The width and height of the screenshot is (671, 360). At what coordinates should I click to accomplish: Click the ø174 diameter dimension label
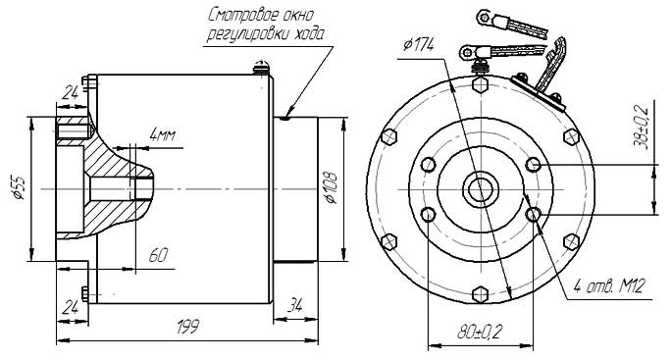coord(419,44)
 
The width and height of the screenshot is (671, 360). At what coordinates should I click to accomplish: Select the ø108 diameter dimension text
coord(331,188)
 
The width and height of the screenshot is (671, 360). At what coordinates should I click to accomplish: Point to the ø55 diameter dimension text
coord(20,188)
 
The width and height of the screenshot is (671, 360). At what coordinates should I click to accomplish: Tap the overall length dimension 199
coord(188,327)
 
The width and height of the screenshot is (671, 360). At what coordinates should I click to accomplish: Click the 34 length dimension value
coord(295,305)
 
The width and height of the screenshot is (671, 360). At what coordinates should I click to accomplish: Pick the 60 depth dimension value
coord(158,256)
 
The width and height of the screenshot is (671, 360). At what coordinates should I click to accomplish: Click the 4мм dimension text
coord(162,134)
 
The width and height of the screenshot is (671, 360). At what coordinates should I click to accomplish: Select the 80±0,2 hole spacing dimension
coord(480,332)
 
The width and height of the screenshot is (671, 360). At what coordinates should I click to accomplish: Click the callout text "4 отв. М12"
coord(609,285)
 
